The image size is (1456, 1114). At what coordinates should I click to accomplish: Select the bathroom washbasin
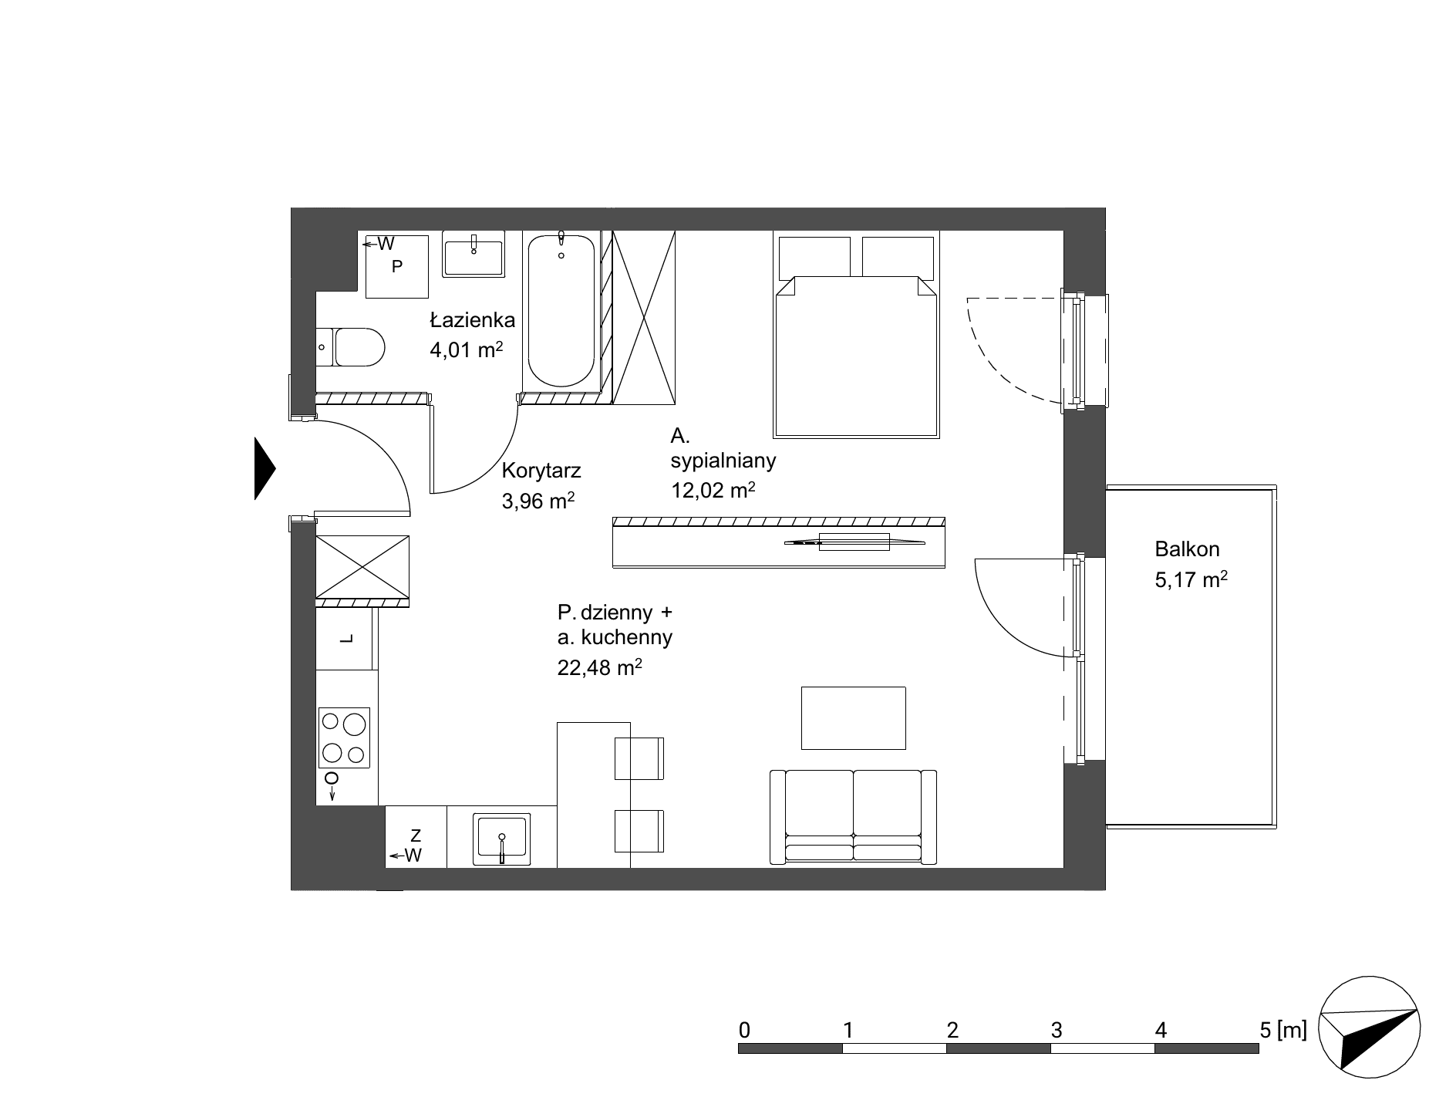474,254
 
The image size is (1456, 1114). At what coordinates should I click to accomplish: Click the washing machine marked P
396,266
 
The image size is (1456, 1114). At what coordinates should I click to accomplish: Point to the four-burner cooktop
344,738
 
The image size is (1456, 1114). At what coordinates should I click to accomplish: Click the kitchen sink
502,838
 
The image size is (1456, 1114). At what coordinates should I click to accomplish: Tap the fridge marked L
346,638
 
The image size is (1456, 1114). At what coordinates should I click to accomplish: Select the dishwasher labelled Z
416,837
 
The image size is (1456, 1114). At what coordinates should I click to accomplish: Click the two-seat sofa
853,817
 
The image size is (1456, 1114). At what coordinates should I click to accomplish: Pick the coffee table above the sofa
853,717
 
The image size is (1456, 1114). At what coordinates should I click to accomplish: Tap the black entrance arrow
265,468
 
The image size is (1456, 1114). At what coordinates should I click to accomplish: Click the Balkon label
1187,549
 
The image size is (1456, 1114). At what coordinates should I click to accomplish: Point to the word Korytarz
541,471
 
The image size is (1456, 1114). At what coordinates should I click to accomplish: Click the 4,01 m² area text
467,349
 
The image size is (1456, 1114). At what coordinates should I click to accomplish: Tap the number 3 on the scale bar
1057,1030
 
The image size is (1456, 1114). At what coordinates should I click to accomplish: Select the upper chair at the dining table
639,758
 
